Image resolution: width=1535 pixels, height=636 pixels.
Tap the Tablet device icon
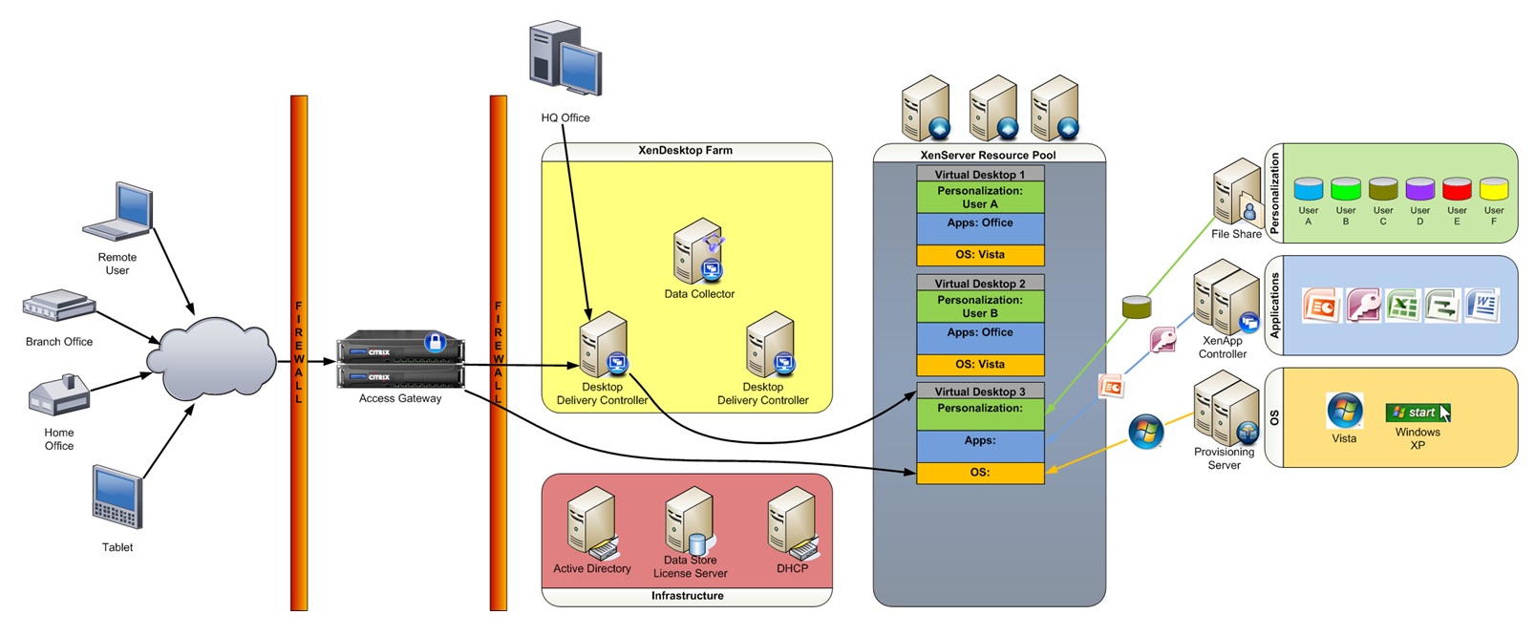click(117, 497)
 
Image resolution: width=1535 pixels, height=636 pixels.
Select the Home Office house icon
click(58, 394)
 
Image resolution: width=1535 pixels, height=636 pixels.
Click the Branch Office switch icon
click(58, 306)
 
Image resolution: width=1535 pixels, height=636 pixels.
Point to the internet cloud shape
click(211, 360)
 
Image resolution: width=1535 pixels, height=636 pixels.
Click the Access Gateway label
click(400, 398)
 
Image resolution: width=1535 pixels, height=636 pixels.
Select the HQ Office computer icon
click(565, 59)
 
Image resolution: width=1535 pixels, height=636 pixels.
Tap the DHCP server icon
click(793, 523)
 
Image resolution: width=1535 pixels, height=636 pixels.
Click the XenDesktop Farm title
click(686, 151)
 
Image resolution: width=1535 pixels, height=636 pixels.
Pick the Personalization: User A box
click(980, 198)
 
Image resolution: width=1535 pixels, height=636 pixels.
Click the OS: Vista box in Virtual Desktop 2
click(980, 365)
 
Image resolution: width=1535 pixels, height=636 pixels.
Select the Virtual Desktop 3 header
click(980, 392)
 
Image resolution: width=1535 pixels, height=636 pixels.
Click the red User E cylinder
click(1457, 188)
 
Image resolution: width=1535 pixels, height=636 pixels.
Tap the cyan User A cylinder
click(1308, 188)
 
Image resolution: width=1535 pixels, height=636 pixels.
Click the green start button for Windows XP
click(1418, 413)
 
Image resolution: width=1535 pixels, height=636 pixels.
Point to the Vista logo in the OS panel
click(1344, 411)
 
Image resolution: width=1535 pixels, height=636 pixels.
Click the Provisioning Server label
click(1224, 458)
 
